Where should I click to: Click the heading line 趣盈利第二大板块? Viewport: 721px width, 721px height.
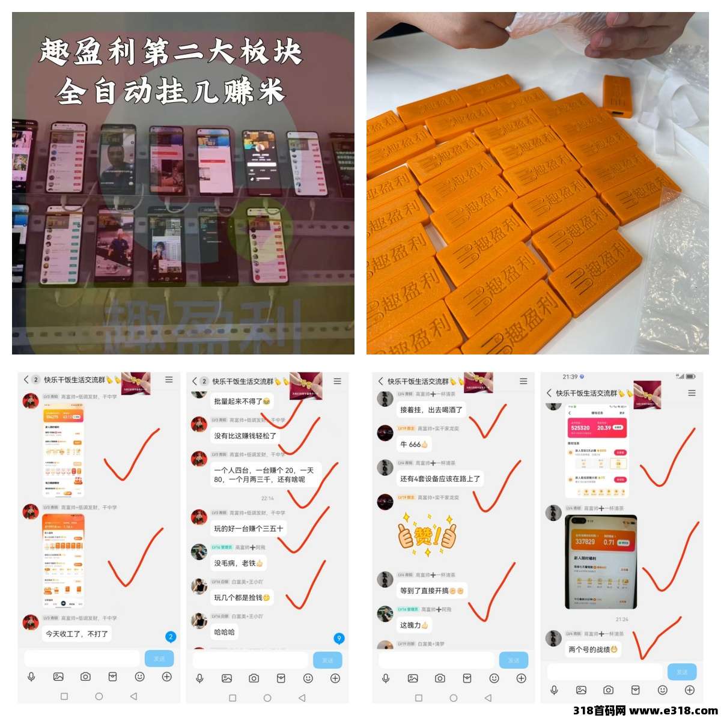171,52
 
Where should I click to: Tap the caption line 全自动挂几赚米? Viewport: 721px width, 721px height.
171,92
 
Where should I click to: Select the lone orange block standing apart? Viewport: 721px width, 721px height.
617,96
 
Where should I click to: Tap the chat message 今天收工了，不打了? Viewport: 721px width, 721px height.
77,633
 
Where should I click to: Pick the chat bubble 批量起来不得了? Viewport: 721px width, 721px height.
242,401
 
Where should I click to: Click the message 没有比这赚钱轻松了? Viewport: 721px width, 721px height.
245,436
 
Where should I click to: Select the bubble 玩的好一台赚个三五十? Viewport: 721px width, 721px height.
248,529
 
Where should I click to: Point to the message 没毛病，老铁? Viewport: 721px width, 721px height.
239,563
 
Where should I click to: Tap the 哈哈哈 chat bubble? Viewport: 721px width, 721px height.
224,632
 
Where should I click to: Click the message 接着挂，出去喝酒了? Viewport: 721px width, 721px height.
431,410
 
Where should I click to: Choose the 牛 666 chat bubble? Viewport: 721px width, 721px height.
414,445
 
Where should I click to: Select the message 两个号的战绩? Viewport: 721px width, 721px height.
592,650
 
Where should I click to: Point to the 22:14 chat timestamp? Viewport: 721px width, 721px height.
267,498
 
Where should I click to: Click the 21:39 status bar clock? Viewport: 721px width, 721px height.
570,377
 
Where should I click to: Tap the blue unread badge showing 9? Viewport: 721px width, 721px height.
339,638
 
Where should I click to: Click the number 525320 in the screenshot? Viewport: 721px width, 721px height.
580,428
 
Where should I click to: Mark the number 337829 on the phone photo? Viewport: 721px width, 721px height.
585,542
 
